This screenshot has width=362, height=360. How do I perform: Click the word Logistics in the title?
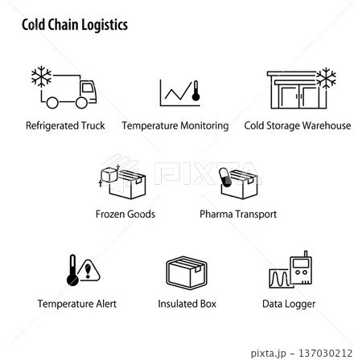click(x=105, y=26)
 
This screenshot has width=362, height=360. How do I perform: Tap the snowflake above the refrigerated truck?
click(x=41, y=76)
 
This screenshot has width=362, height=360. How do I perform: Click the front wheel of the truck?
click(x=81, y=103)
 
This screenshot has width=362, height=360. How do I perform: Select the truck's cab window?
click(x=88, y=88)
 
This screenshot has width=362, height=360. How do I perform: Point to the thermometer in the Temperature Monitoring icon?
click(x=195, y=91)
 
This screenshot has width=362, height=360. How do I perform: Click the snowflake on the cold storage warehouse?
click(x=326, y=78)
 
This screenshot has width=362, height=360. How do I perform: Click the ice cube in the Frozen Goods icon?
click(x=109, y=174)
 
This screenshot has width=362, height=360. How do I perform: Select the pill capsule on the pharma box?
click(x=225, y=177)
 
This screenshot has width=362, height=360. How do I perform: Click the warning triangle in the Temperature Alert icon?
click(x=88, y=271)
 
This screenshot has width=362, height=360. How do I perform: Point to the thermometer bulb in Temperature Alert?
click(x=72, y=280)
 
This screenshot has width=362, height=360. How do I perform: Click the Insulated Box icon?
click(x=187, y=273)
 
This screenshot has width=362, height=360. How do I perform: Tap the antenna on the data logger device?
click(x=306, y=254)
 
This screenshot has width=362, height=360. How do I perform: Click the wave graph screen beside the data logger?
click(x=279, y=279)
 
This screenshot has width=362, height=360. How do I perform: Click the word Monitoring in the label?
click(x=204, y=126)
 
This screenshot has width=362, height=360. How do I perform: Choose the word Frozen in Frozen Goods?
click(x=109, y=215)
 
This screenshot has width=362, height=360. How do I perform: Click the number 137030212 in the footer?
click(x=325, y=353)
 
